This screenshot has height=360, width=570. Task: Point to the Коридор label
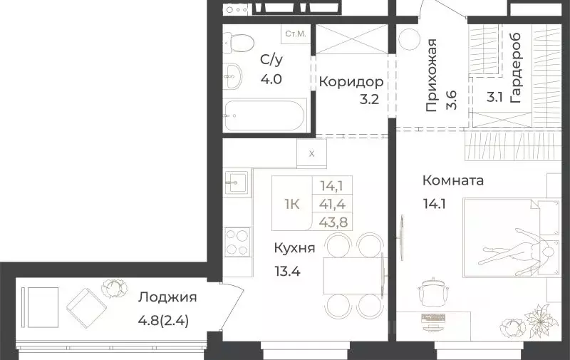[x=346, y=81]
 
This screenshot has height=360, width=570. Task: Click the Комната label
[x=452, y=180]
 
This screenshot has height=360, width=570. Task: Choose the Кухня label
[x=294, y=248]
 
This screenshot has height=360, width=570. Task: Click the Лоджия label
[x=167, y=297]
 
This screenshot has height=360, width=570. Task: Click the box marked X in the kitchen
[x=312, y=152]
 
